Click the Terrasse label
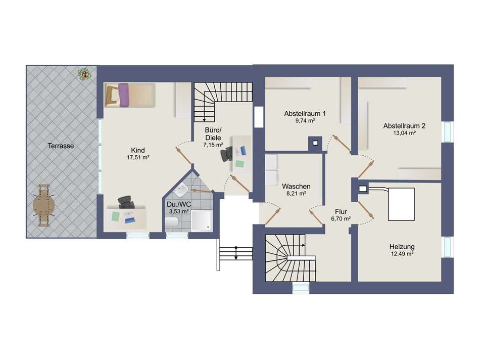point(61,146)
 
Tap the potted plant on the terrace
point(84,74)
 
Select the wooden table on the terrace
point(44,205)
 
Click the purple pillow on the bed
point(123,95)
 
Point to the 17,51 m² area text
point(138,157)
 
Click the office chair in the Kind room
point(126,202)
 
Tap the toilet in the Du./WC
point(171,222)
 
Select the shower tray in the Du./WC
point(201,220)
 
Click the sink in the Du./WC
point(181,190)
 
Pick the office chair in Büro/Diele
point(227,154)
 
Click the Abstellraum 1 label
point(305,114)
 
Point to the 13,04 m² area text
point(404,133)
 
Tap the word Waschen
point(296,186)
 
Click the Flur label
point(341,211)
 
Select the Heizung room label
point(402,247)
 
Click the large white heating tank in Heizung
point(401,204)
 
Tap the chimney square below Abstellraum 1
point(315,143)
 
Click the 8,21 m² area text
point(296,194)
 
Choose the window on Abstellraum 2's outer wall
point(447,132)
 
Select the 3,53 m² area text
point(179,211)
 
